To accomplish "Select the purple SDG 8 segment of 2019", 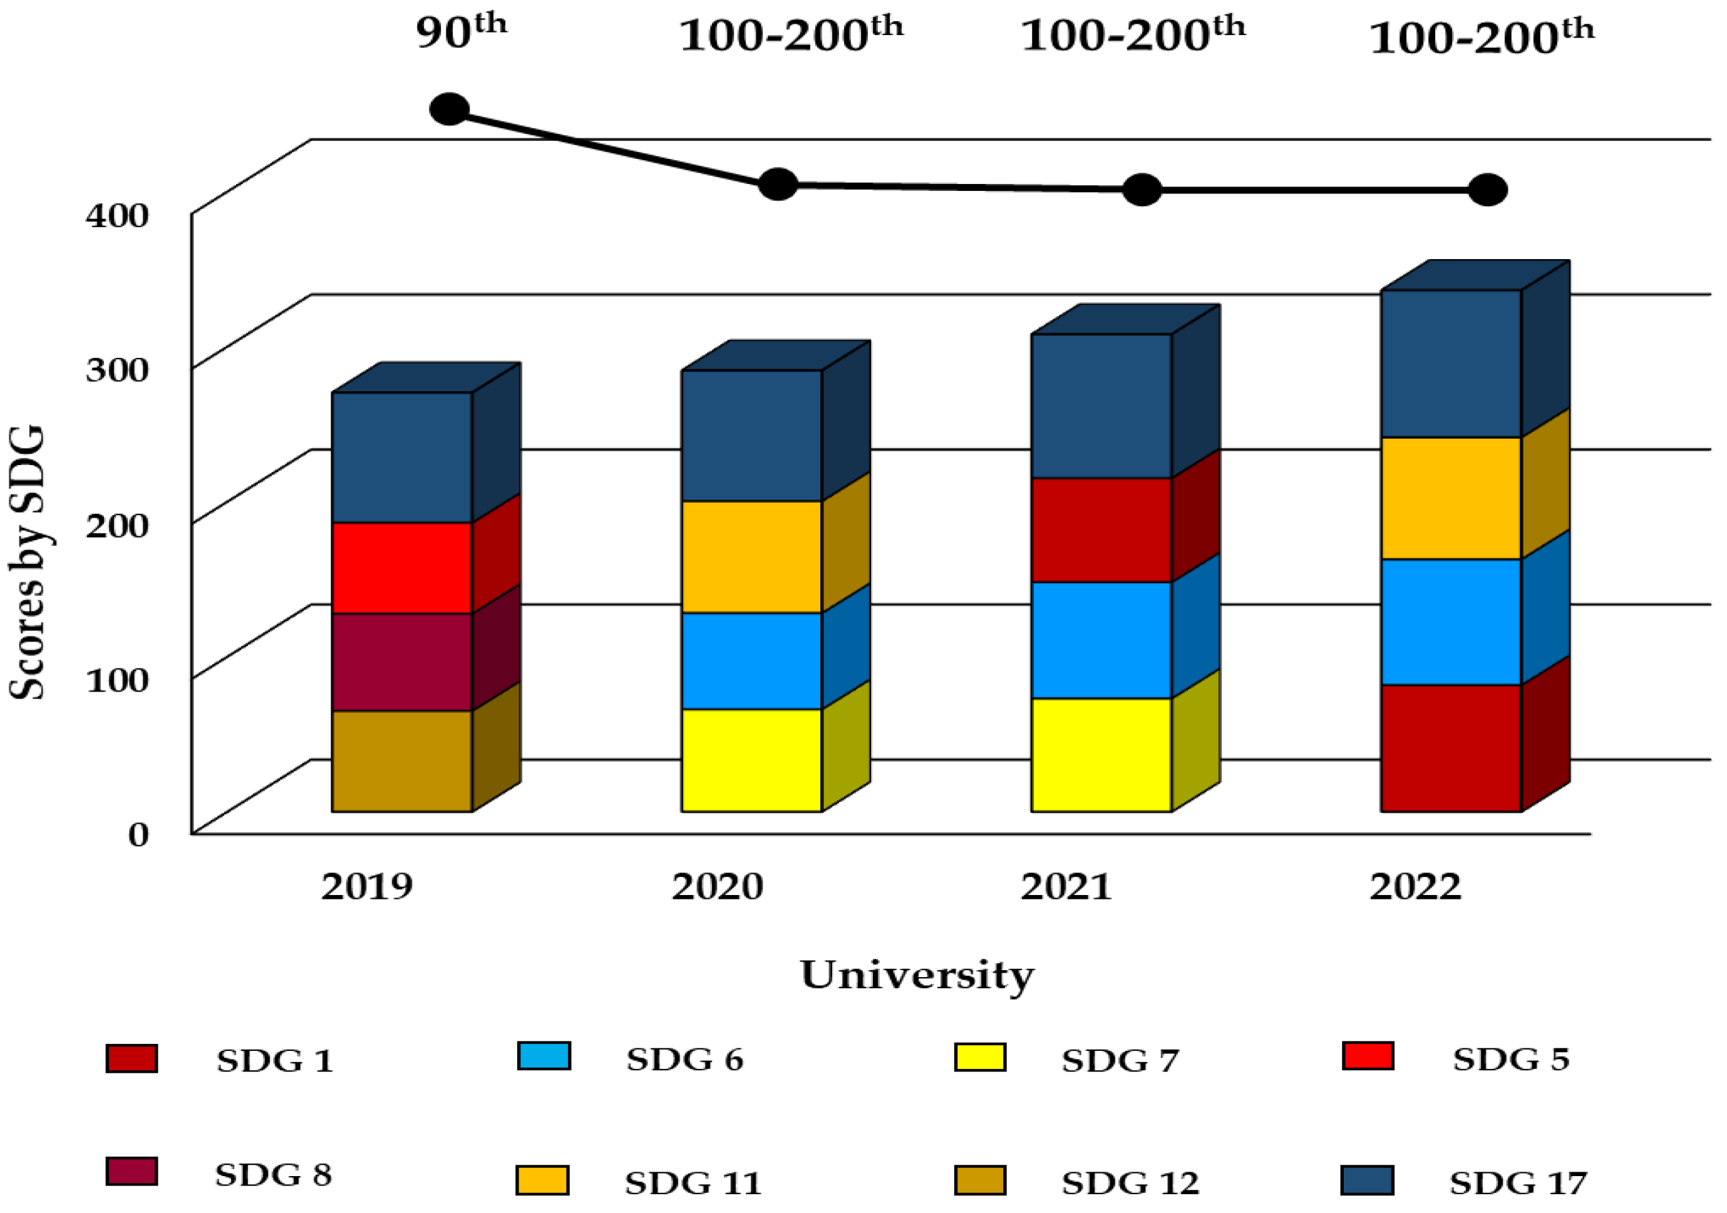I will point(401,662).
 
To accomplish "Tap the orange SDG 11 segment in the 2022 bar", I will point(1451,498).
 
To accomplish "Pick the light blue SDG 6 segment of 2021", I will point(1100,640).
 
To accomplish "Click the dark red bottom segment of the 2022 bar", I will point(1451,747).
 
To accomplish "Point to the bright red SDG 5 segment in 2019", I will point(401,568).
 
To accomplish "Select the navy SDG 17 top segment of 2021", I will point(1100,406).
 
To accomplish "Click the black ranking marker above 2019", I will point(449,110).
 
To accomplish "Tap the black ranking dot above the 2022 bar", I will point(1487,190).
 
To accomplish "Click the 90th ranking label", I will point(460,31).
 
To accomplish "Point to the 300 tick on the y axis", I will point(116,369).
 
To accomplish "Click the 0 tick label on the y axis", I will point(138,834).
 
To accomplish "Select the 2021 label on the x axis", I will point(1065,887).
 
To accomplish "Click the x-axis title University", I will point(916,975).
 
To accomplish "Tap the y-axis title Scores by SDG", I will point(27,563).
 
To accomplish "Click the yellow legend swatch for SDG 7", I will point(979,1057).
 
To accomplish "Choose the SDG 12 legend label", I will point(1129,1183).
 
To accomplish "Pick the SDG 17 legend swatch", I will point(1367,1180).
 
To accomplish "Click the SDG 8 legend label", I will point(273,1175).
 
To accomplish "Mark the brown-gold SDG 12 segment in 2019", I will point(401,761).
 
